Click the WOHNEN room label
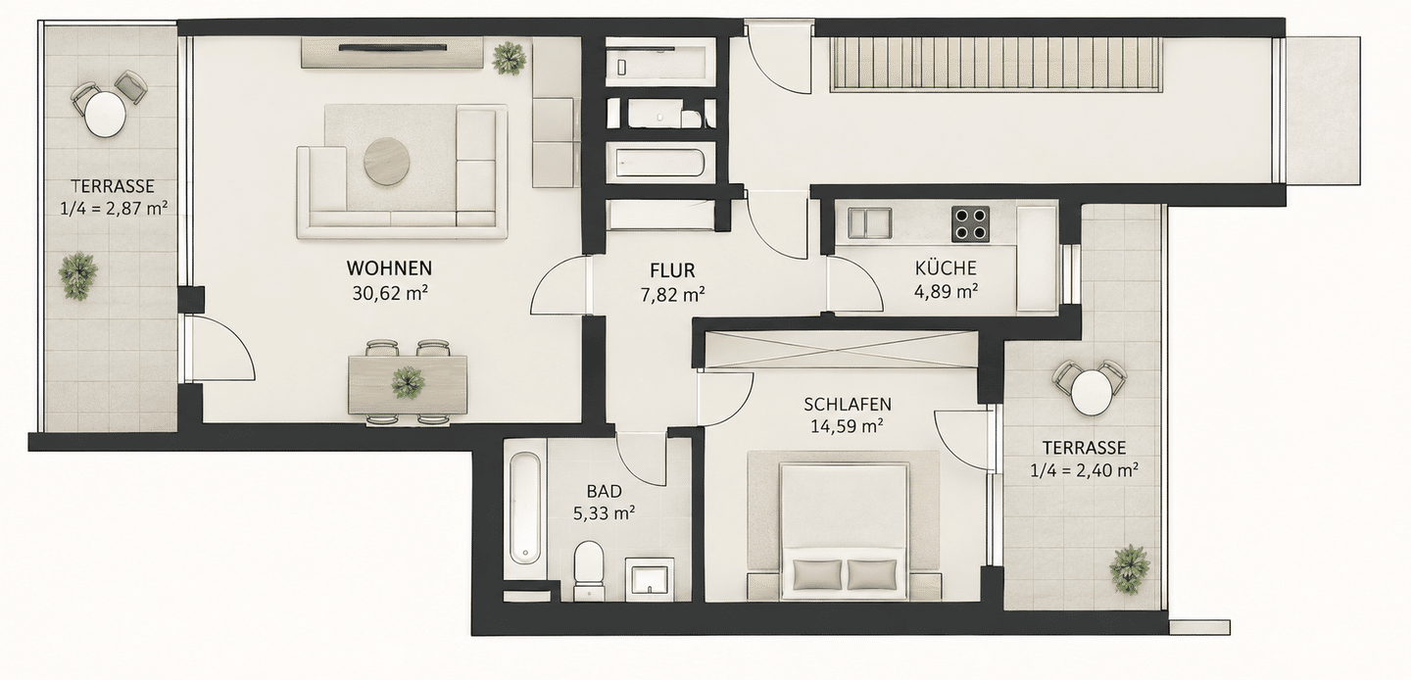tap(389, 268)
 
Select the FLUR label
tap(673, 270)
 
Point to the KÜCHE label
tap(946, 267)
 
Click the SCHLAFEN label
tap(848, 404)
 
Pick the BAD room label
tap(604, 491)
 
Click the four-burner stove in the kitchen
tap(970, 224)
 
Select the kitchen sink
tap(870, 222)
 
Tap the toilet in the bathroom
tap(590, 570)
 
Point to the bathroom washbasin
tap(650, 579)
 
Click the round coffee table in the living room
tap(387, 162)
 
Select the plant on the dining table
tap(408, 382)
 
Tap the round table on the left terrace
tap(105, 114)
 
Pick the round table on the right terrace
tap(1091, 393)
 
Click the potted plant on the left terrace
tap(78, 275)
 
